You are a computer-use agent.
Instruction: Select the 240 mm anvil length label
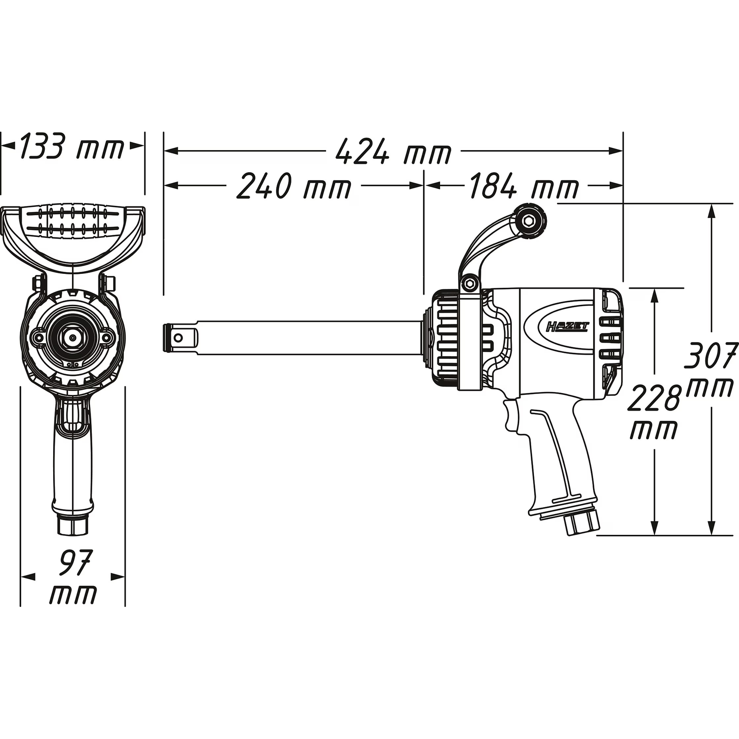294,186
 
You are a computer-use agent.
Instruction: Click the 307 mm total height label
710,369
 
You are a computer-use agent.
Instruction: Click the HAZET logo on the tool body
568,327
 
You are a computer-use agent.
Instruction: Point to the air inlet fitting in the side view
582,521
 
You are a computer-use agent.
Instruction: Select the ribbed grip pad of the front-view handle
73,220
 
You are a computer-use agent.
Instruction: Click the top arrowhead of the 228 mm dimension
654,296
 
